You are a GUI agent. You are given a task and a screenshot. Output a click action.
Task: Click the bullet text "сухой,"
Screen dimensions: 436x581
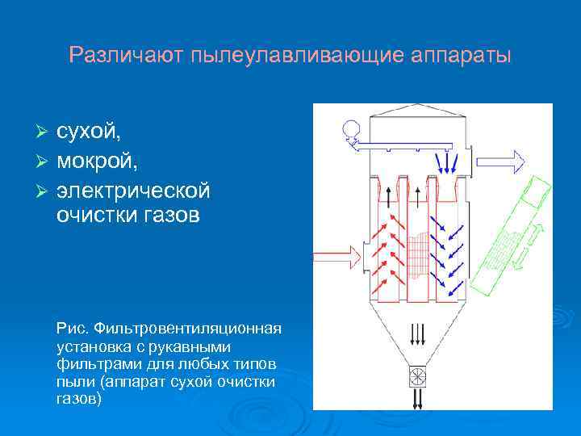90,131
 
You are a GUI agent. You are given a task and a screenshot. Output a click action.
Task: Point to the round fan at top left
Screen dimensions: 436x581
351,128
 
